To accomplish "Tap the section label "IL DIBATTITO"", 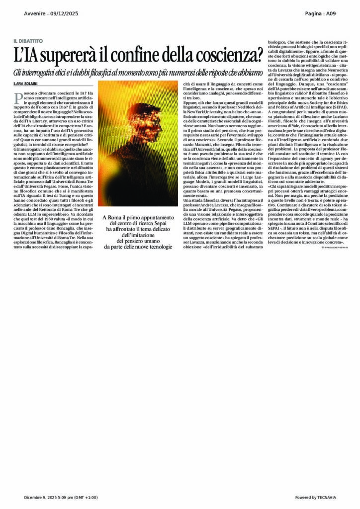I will [x=28, y=40].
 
